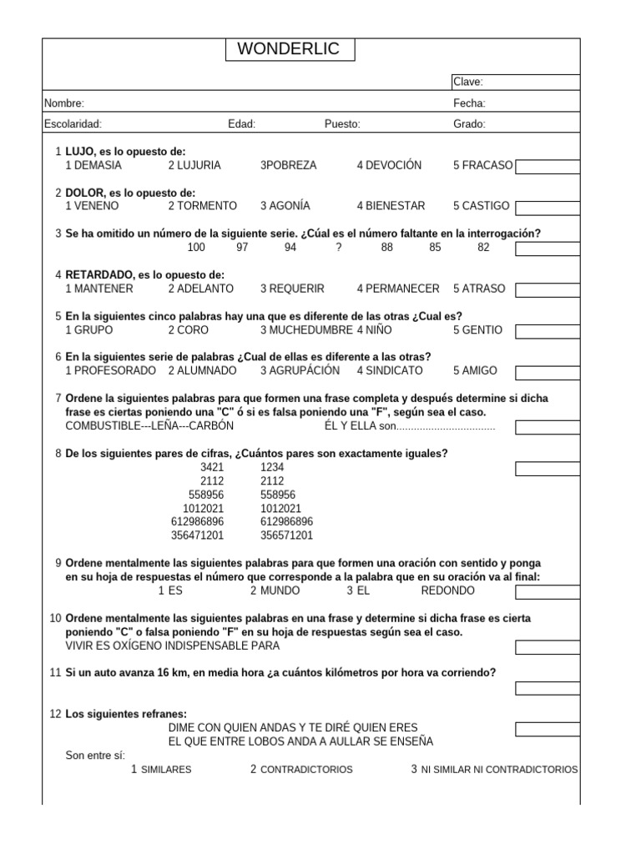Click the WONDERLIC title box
(289, 49)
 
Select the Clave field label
(467, 82)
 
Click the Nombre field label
(63, 103)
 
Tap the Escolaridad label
(73, 124)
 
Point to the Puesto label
(342, 124)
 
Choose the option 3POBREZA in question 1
(289, 165)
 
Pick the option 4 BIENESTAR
(391, 206)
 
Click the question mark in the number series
(338, 247)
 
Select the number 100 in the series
(195, 247)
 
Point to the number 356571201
(286, 535)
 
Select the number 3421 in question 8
(213, 468)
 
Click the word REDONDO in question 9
(448, 590)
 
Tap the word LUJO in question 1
(80, 152)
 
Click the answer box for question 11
(548, 688)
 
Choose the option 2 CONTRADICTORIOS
(301, 769)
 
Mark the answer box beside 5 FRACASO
(548, 166)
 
